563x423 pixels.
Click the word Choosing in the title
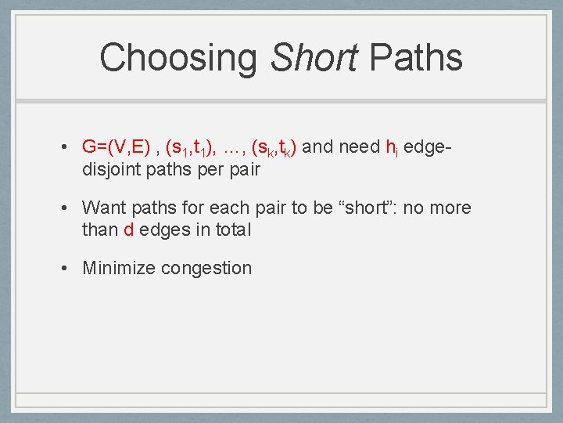click(180, 58)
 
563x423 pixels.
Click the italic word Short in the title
click(314, 58)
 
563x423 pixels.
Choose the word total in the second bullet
click(231, 230)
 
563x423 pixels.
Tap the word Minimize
click(119, 268)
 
